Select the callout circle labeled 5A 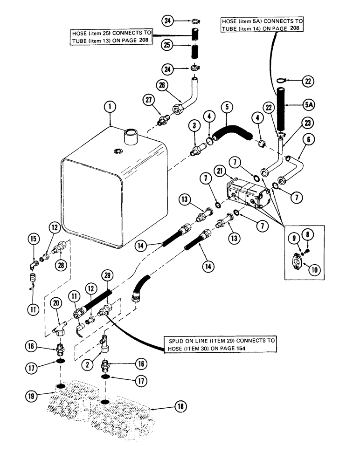pyautogui.click(x=309, y=105)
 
